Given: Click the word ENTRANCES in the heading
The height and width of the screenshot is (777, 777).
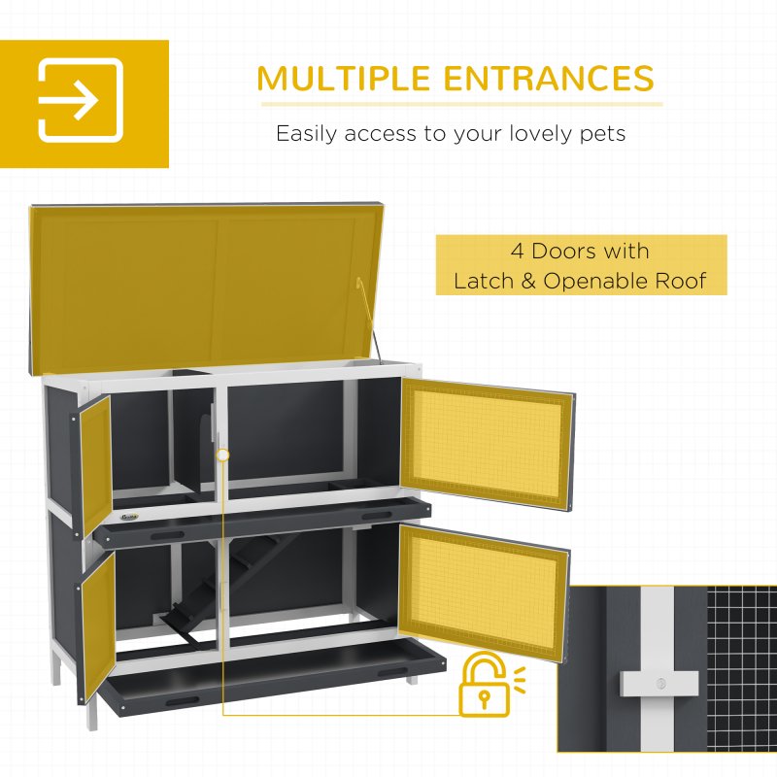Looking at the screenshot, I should [557, 78].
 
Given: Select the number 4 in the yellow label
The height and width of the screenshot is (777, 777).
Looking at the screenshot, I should [518, 252].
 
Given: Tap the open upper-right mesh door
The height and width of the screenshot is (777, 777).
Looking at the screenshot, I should [487, 436].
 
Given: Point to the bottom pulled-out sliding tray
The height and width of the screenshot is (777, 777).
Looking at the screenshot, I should [272, 680].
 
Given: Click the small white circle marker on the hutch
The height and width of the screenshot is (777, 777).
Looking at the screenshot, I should [223, 454].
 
